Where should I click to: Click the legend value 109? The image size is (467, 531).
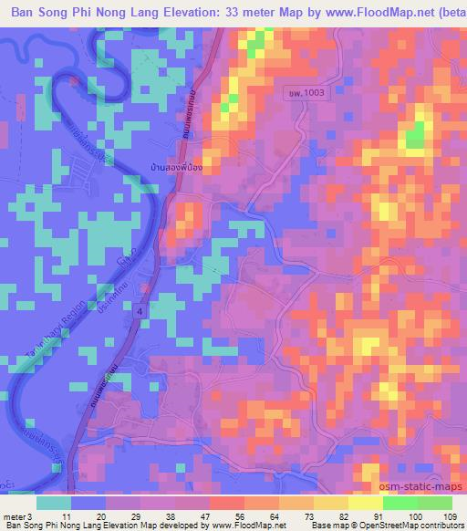[x=449, y=515]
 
